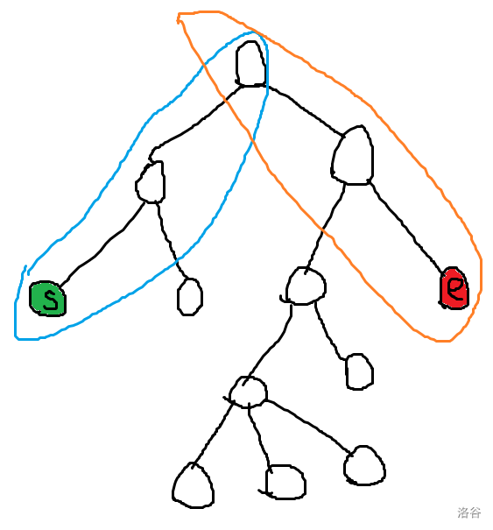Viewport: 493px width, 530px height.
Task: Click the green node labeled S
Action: pyautogui.click(x=47, y=299)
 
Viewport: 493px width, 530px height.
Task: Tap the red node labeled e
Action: pyautogui.click(x=454, y=288)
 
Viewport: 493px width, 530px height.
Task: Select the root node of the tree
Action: pyautogui.click(x=250, y=64)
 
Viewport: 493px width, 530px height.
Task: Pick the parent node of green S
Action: pyautogui.click(x=151, y=182)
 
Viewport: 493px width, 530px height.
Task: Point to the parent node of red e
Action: pyautogui.click(x=352, y=155)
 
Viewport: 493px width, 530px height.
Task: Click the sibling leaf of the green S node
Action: pyautogui.click(x=190, y=297)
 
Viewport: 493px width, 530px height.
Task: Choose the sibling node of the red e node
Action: pyautogui.click(x=305, y=286)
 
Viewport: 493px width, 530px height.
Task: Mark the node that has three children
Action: pyautogui.click(x=248, y=392)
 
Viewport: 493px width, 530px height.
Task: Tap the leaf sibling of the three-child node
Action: pyautogui.click(x=360, y=371)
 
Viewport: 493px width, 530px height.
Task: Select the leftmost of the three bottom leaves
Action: pyautogui.click(x=194, y=485)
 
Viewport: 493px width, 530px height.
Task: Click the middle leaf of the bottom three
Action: pyautogui.click(x=285, y=483)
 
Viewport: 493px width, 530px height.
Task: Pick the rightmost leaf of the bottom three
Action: pyautogui.click(x=364, y=465)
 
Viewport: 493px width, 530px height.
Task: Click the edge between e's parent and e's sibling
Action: pyautogui.click(x=324, y=228)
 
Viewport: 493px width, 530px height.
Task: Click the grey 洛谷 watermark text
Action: pyautogui.click(x=469, y=512)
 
